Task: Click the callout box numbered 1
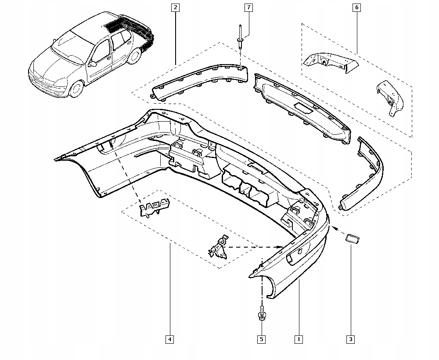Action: pos(299,339)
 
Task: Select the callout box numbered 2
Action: pos(176,7)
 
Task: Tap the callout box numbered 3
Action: pos(350,339)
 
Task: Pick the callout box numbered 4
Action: pos(169,339)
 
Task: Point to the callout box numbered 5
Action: pos(262,339)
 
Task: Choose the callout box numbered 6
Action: pos(356,7)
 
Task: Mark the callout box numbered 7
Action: pos(248,7)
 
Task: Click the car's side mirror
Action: pos(93,64)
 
